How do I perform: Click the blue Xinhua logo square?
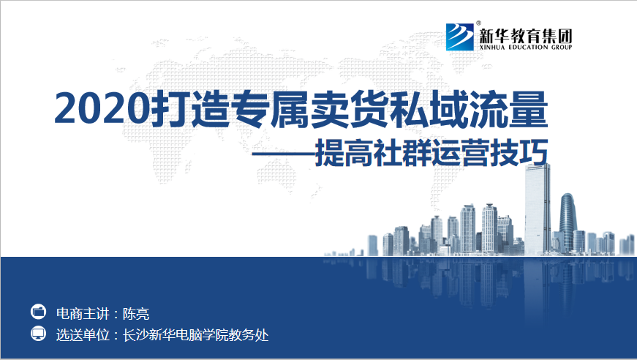460,37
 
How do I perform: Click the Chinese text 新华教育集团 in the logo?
526,36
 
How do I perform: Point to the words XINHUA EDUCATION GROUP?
526,47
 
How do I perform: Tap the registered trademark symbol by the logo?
478,23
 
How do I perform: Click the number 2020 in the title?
102,109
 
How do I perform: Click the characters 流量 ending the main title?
508,109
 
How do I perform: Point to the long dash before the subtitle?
284,154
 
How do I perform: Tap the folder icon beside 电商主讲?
39,312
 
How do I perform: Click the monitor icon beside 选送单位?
39,334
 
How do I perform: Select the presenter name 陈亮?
136,314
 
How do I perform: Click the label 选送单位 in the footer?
83,335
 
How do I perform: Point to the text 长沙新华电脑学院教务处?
196,335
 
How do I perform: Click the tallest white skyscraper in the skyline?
538,209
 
